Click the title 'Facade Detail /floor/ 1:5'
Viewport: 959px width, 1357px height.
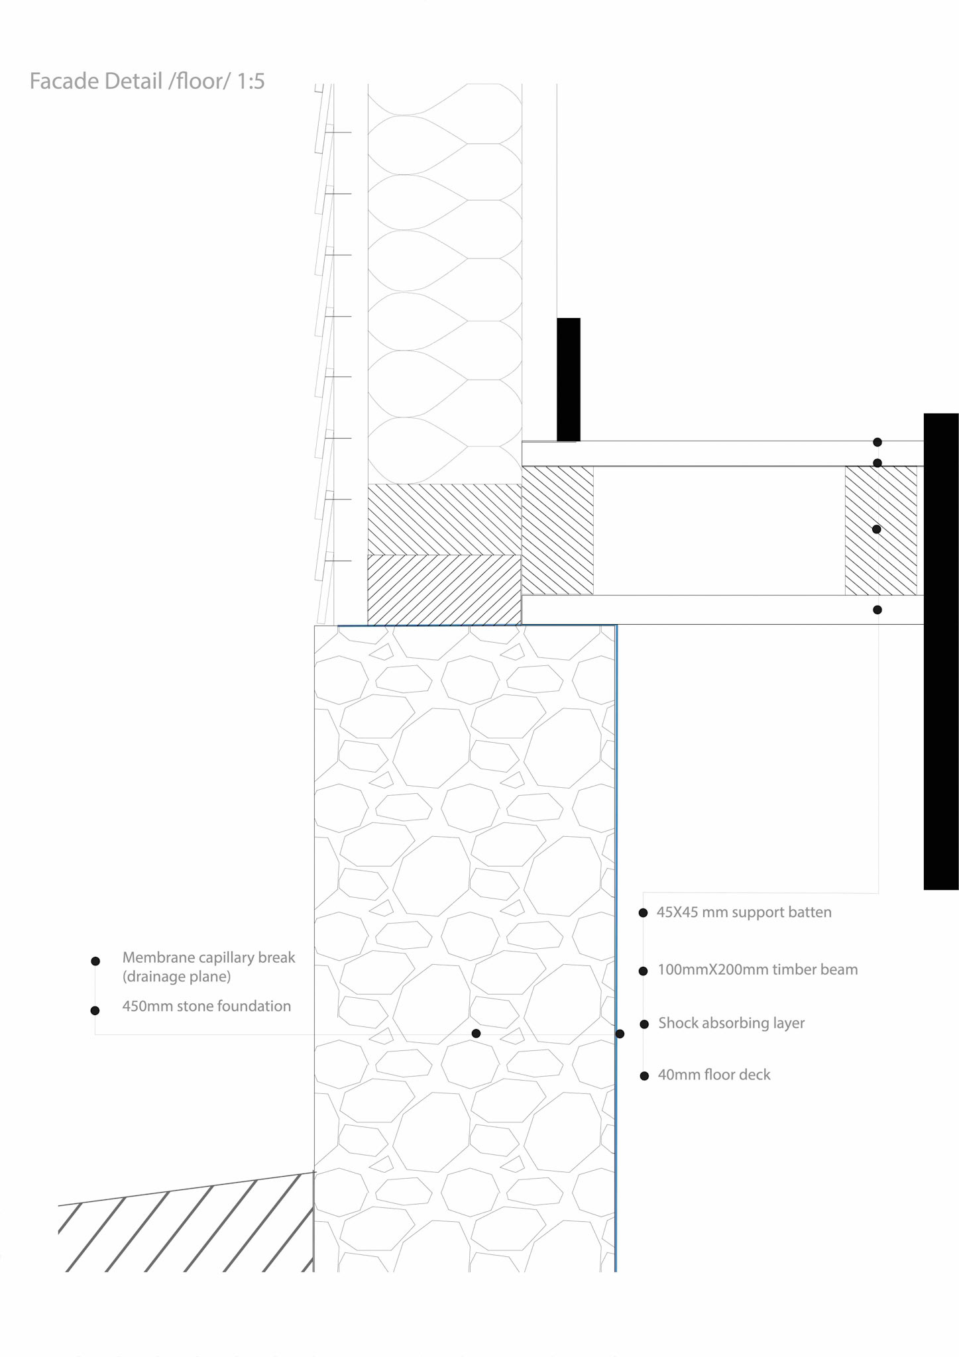tap(147, 81)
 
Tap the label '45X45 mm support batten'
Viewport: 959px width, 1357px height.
tap(744, 912)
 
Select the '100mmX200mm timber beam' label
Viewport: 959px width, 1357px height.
tap(758, 970)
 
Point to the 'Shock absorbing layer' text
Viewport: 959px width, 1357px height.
tap(731, 1023)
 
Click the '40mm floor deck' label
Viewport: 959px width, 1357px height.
tap(714, 1075)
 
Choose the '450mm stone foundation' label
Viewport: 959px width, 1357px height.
tap(206, 1006)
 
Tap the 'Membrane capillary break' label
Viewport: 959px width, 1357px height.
tap(208, 958)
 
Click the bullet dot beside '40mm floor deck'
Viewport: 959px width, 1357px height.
tap(644, 1076)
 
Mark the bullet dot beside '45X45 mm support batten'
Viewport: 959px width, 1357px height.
tap(643, 913)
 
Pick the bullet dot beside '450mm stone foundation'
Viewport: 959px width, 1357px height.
tap(95, 1010)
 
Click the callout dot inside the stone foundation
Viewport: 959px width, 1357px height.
tap(476, 1034)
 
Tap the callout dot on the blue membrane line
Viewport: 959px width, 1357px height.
tap(620, 1034)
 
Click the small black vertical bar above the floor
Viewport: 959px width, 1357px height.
tap(569, 379)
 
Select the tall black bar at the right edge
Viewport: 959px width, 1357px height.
tap(941, 651)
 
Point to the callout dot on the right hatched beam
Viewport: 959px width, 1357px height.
tap(876, 529)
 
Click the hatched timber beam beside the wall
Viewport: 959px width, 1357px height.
tap(557, 530)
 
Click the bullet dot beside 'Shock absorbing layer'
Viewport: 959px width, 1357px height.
tap(644, 1024)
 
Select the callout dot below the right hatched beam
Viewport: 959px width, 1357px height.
tap(877, 610)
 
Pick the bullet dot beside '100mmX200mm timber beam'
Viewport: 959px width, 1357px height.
tap(643, 971)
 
